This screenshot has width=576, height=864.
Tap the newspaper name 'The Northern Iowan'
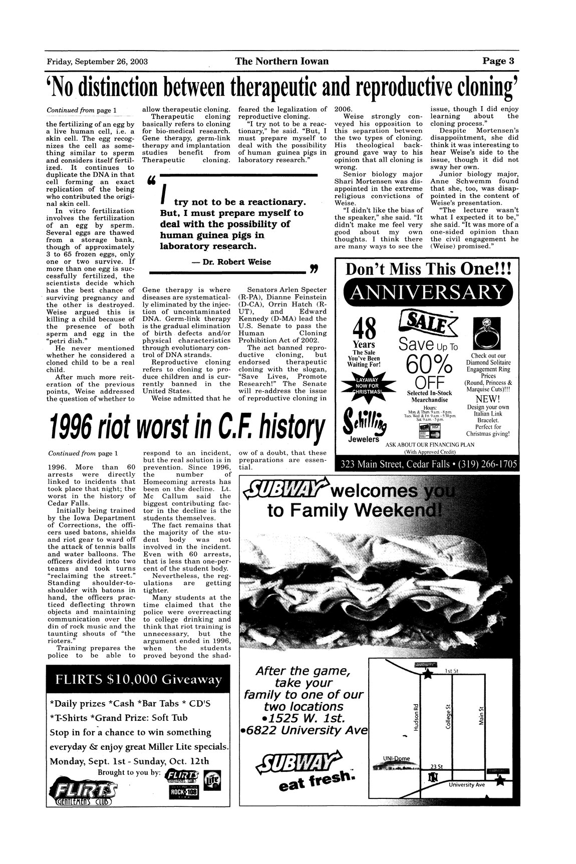pyautogui.click(x=282, y=62)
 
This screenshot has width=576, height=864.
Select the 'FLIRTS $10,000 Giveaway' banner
pyautogui.click(x=138, y=680)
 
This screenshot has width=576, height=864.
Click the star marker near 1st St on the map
pyautogui.click(x=427, y=675)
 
